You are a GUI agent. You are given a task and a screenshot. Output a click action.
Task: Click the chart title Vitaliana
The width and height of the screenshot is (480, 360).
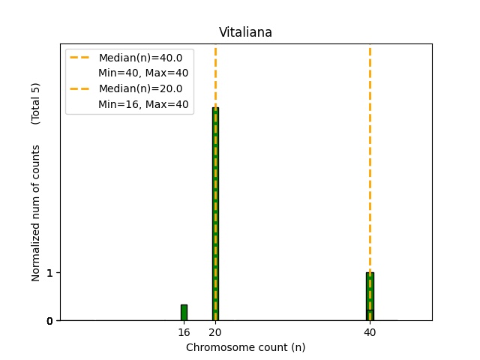click(x=245, y=32)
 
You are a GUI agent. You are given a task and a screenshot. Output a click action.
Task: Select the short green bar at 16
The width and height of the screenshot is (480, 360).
click(x=184, y=313)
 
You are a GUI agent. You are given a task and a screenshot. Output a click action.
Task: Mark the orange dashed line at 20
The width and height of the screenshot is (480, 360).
click(x=215, y=75)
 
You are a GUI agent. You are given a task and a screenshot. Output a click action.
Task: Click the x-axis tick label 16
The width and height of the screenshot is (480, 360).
click(x=184, y=332)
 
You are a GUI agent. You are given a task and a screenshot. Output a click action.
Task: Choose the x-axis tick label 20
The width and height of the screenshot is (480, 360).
click(x=215, y=332)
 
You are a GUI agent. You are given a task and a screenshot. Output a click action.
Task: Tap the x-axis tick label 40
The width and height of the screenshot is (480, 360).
click(x=370, y=332)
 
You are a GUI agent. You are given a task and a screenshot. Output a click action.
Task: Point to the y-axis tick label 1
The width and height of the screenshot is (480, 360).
click(x=49, y=273)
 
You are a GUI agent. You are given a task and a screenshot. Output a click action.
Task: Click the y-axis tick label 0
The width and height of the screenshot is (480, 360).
click(x=49, y=321)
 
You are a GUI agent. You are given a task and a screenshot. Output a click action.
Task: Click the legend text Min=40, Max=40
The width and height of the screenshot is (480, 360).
click(x=143, y=73)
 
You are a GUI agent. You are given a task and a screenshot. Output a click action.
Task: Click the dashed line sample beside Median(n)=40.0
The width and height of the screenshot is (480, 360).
click(x=80, y=58)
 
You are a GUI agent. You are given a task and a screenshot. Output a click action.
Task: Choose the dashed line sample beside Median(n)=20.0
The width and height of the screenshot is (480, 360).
click(x=80, y=88)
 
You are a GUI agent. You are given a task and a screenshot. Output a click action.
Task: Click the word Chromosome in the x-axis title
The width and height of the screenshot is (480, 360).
click(x=214, y=347)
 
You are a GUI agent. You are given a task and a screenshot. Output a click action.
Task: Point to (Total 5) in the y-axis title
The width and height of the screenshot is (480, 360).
click(x=35, y=103)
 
